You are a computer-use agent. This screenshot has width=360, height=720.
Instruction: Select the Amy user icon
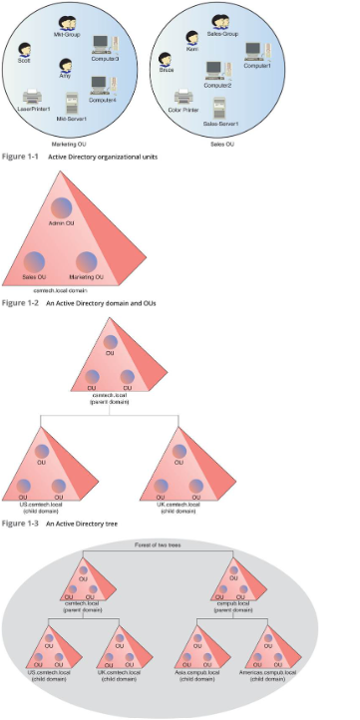click(x=67, y=65)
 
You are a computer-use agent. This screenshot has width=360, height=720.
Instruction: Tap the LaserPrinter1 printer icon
click(x=33, y=97)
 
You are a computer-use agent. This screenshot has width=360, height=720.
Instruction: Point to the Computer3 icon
click(x=102, y=44)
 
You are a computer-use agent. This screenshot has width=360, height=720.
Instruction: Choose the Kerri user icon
click(x=190, y=37)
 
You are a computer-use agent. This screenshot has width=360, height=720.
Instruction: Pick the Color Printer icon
click(x=181, y=98)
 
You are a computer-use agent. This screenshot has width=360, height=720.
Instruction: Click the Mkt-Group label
click(x=66, y=33)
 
